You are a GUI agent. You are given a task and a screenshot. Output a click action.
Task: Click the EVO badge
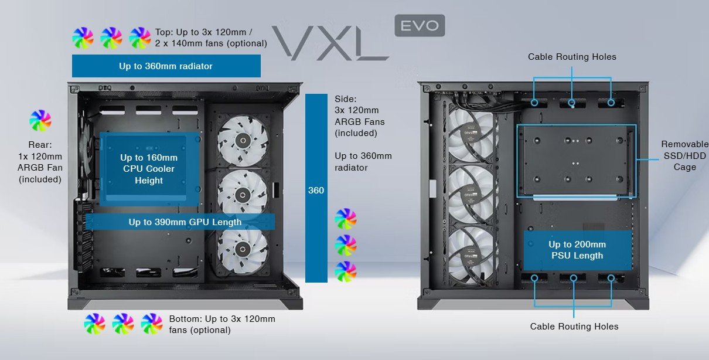[420, 25]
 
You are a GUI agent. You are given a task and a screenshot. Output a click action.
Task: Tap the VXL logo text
[330, 43]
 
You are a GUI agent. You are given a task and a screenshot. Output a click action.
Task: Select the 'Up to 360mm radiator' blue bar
[166, 66]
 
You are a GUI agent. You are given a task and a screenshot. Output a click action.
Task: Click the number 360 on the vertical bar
[316, 191]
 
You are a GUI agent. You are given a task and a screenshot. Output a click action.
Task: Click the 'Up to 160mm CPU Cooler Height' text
[149, 169]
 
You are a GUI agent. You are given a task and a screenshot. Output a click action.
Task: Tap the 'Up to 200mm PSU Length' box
[577, 250]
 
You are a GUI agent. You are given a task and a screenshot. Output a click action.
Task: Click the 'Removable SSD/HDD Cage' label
[684, 155]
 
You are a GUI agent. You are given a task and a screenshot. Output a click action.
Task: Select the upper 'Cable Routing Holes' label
[572, 57]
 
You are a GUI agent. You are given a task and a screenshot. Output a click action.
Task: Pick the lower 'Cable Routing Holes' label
[574, 327]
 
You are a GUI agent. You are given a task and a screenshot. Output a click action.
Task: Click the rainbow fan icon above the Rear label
[40, 120]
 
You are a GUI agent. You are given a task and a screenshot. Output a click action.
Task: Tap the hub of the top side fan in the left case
[243, 140]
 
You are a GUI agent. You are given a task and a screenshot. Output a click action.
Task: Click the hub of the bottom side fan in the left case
[243, 249]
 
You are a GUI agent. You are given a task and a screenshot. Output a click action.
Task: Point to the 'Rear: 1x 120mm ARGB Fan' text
[40, 162]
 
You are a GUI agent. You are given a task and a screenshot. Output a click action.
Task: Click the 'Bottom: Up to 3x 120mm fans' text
[222, 324]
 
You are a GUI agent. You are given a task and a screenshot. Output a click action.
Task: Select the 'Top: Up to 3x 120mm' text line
[203, 32]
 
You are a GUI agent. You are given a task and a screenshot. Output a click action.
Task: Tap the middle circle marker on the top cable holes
[572, 103]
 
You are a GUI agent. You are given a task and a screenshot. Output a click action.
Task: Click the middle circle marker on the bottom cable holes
[574, 279]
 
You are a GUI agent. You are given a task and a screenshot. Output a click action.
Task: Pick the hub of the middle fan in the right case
[471, 193]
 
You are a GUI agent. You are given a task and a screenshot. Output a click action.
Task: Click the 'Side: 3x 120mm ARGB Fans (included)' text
[360, 116]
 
